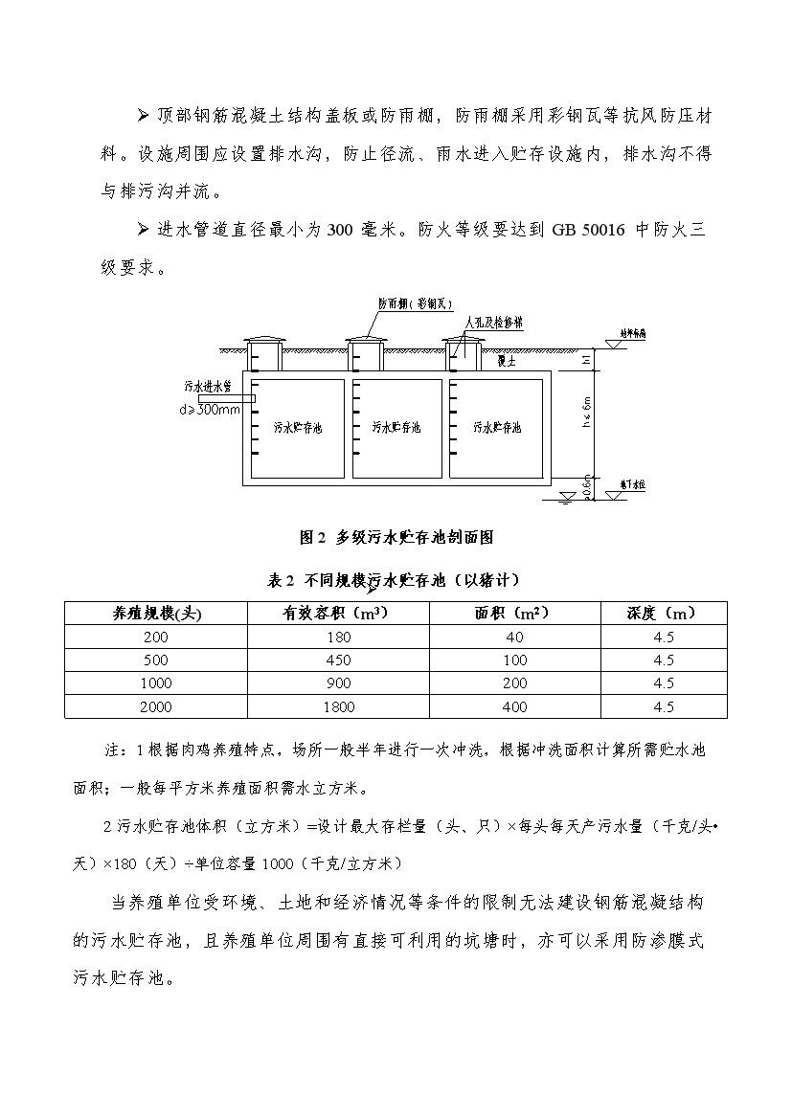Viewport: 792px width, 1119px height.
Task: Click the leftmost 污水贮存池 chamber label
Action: pos(298,427)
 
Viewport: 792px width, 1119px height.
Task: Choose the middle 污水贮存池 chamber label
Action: pos(396,427)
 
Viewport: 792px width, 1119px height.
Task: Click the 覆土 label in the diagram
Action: pos(508,361)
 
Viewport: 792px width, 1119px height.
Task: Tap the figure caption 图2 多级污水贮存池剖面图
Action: pos(396,537)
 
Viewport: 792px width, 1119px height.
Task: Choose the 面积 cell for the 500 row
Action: pos(514,660)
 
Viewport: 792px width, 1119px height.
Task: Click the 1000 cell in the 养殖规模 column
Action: pos(155,683)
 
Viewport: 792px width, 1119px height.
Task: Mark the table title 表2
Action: pos(278,580)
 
